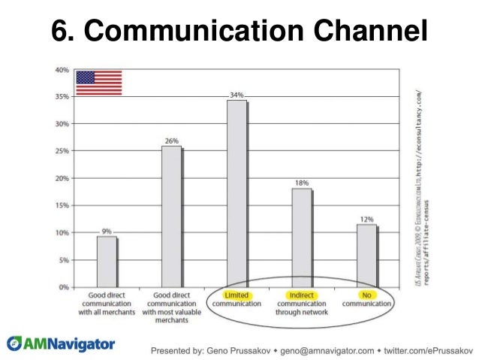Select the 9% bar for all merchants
point(107,262)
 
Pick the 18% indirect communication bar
point(302,237)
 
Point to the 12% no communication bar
point(366,256)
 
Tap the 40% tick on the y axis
point(62,69)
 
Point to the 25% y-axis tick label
point(62,151)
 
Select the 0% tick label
point(64,287)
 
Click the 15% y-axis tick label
point(62,205)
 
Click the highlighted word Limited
point(236,295)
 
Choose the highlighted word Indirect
point(301,295)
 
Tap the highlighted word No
point(366,295)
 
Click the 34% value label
point(236,95)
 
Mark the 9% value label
point(107,231)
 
